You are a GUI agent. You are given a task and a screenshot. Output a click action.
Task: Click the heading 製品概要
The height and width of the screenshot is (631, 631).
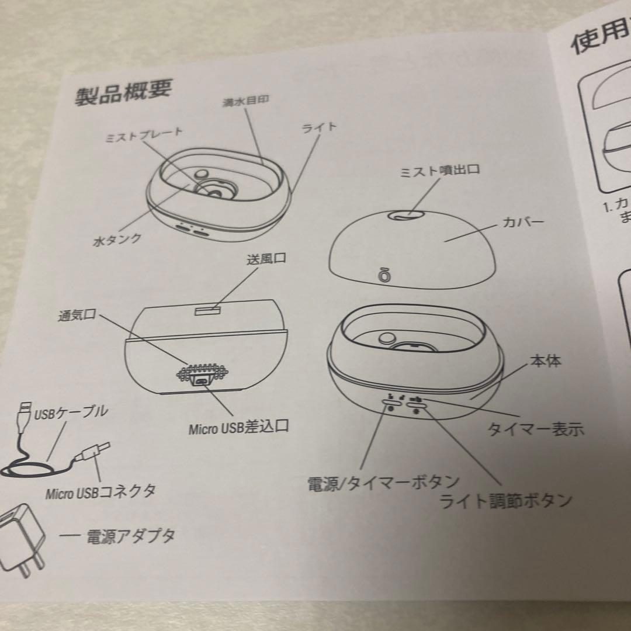pos(123,92)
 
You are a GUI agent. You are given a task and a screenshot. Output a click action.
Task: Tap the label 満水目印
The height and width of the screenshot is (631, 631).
pos(245,100)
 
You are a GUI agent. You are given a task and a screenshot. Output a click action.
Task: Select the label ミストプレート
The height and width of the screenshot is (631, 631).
pos(144,134)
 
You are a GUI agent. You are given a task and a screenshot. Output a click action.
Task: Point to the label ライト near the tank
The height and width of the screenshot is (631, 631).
pos(319,127)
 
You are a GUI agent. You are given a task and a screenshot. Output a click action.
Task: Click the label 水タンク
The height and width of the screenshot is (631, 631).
pos(117,240)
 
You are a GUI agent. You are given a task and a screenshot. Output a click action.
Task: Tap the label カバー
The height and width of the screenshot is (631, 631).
pos(523,223)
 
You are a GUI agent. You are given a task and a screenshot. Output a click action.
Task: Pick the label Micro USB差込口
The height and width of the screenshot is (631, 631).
pos(238,428)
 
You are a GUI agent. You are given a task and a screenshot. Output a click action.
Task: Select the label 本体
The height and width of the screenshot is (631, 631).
pos(546,361)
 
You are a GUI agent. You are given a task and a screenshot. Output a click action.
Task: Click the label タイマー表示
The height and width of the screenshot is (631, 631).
pos(535,429)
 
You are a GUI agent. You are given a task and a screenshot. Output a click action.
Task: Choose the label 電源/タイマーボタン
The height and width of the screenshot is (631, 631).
pos(383,483)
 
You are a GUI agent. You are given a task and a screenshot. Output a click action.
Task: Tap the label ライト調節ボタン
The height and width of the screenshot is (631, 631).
pos(505,500)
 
